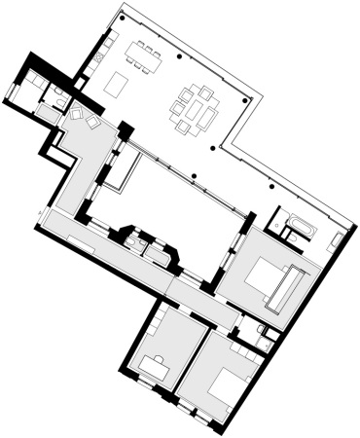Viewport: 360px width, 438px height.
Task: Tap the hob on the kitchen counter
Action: [x=99, y=57]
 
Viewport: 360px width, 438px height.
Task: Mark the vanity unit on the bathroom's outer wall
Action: [x=336, y=239]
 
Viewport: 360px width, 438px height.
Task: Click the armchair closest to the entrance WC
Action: [x=75, y=114]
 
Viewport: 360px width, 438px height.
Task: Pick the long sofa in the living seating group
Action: [x=208, y=119]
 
